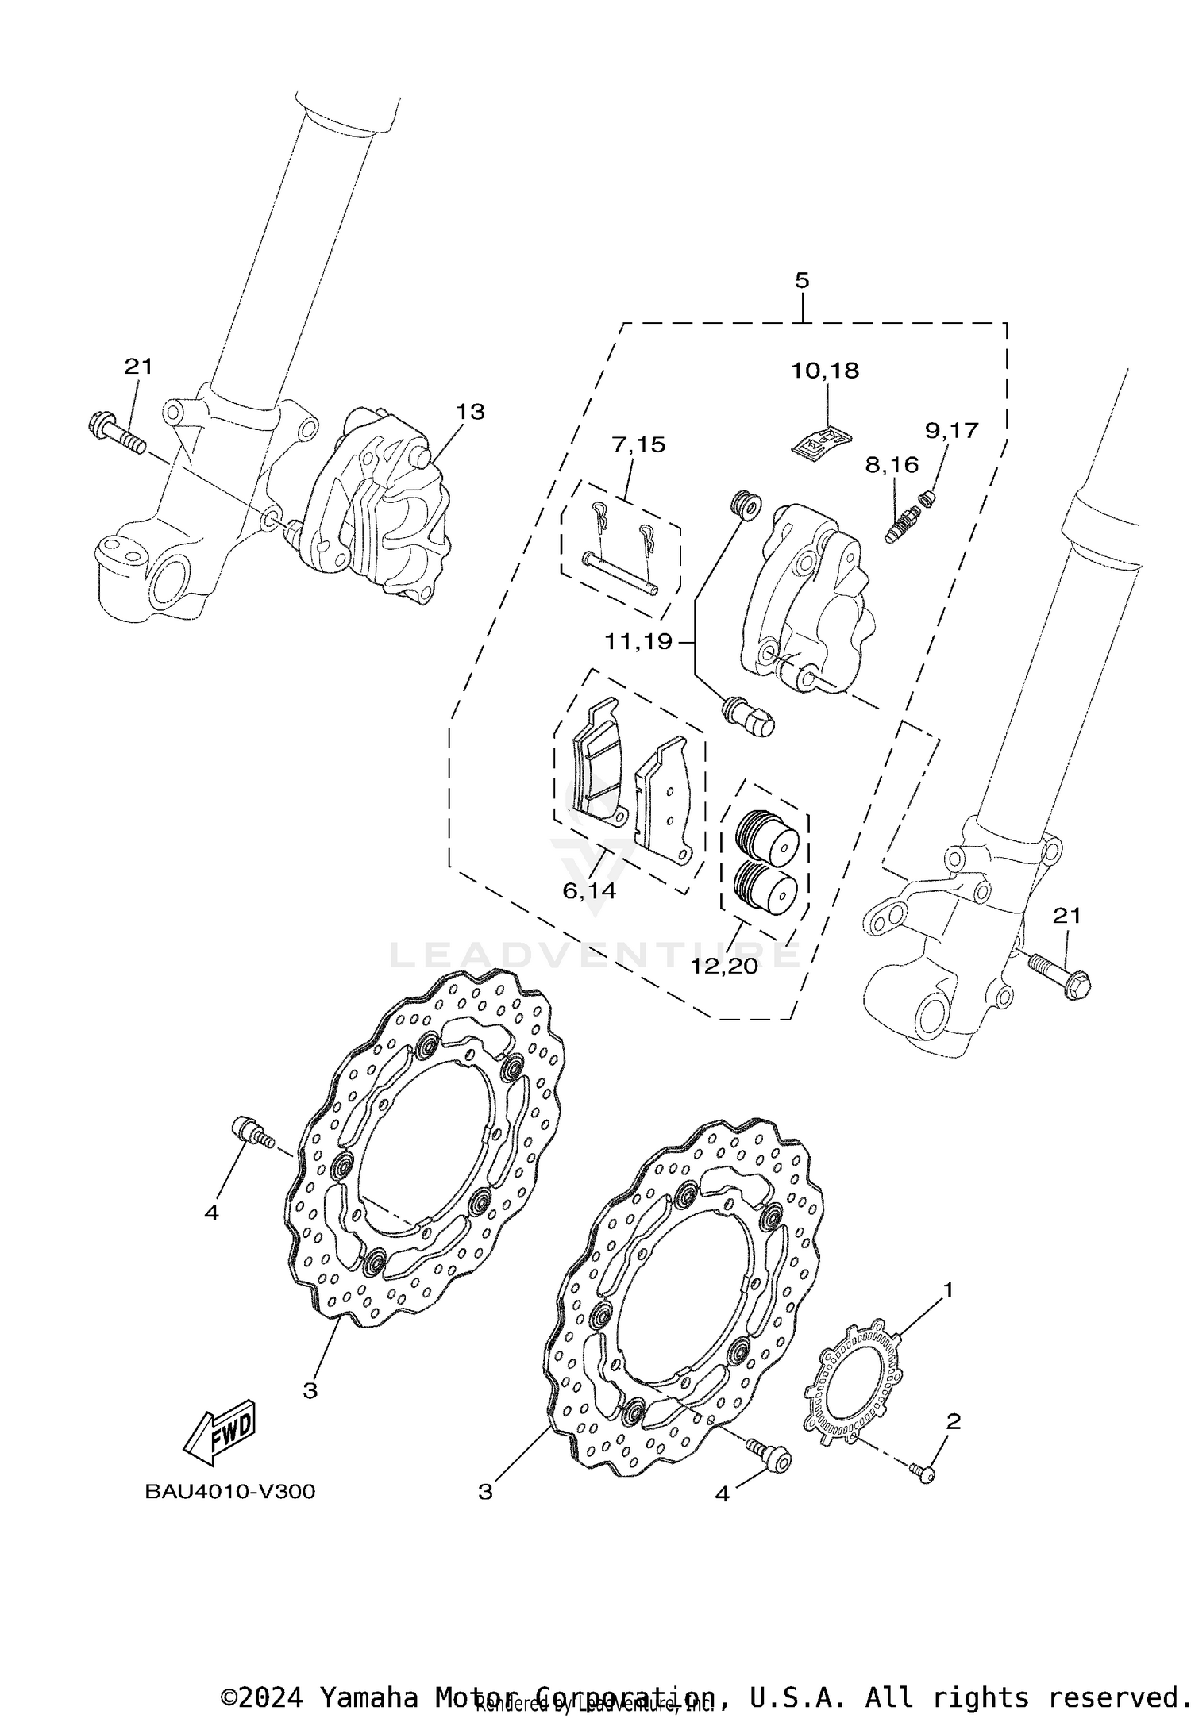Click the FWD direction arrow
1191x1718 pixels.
coord(219,1433)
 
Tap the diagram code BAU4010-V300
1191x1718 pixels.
coord(229,1491)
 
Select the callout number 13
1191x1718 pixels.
coord(470,412)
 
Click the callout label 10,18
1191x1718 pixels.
coord(825,371)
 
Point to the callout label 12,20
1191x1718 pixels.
coord(724,967)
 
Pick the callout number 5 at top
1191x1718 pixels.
coord(802,280)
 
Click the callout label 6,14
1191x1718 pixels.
coord(589,891)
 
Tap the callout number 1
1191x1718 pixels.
coord(947,1291)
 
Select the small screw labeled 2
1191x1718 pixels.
coord(926,1473)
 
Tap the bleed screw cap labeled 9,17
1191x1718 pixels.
coord(927,498)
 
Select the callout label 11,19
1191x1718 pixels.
coord(638,641)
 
